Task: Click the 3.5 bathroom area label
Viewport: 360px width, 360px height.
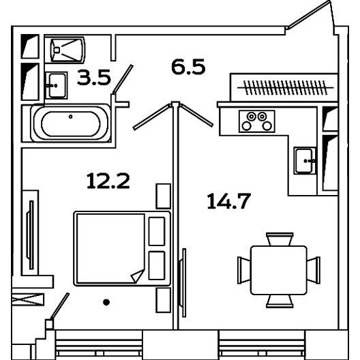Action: click(94, 78)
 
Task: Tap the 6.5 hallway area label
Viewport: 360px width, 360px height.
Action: click(188, 67)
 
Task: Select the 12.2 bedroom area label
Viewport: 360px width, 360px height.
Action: click(108, 181)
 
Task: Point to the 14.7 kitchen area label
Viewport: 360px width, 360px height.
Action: click(228, 201)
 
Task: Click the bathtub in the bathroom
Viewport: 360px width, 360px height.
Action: click(70, 123)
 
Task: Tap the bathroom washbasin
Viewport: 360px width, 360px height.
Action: click(57, 85)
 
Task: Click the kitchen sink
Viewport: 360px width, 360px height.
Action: click(305, 160)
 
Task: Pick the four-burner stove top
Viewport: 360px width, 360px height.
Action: click(256, 121)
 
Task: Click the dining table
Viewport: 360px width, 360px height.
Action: click(279, 270)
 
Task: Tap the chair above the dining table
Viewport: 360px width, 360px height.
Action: click(280, 239)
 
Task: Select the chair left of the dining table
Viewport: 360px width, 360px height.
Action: click(244, 270)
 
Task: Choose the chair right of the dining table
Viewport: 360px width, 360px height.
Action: click(314, 270)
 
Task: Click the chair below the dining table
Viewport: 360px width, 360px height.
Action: click(280, 301)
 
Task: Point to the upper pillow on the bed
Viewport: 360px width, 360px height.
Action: click(157, 231)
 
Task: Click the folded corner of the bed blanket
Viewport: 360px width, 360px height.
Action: click(138, 275)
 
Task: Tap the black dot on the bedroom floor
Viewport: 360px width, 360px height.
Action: click(106, 302)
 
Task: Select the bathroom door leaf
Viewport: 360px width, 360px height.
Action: click(123, 79)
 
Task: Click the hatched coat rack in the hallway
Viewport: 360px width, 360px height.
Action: click(286, 87)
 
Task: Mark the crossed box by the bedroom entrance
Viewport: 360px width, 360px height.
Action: click(28, 299)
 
